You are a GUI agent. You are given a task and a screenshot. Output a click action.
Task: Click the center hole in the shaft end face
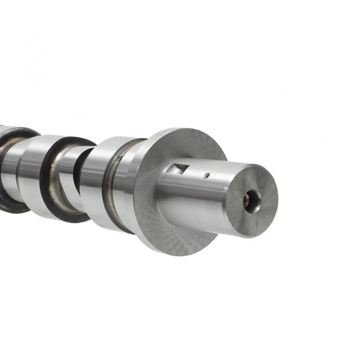tap(252, 199)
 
